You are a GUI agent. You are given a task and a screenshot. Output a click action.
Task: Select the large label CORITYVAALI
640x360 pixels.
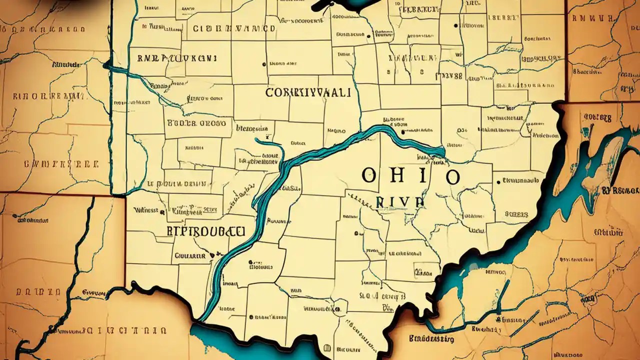pos(308,93)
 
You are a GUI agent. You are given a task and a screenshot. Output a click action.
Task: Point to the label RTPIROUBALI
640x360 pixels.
pos(205,231)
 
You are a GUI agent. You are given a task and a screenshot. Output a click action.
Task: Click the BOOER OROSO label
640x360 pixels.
pos(196,122)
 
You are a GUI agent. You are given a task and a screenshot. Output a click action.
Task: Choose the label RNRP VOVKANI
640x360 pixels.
pos(176,58)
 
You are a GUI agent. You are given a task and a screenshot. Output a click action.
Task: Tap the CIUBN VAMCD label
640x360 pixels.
pos(234,28)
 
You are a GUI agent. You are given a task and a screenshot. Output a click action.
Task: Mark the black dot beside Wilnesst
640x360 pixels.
pos(163,212)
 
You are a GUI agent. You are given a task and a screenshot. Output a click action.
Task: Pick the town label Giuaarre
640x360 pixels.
pos(190,255)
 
